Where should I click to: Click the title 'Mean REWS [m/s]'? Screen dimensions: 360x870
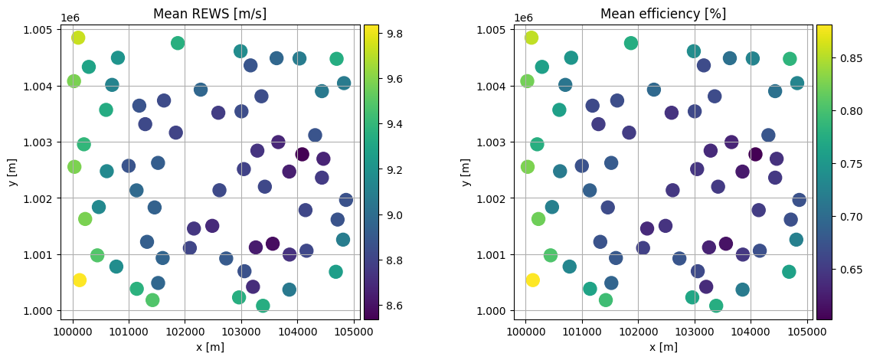click(210, 14)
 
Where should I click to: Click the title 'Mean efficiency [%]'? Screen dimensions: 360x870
click(662, 14)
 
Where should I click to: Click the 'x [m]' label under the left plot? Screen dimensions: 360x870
click(210, 347)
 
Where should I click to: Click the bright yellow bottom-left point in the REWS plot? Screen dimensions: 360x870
click(79, 280)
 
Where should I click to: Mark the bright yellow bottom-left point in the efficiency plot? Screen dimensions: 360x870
click(532, 280)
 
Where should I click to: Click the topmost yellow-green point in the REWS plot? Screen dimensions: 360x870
click(78, 38)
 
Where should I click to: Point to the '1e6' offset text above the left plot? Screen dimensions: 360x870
click(70, 17)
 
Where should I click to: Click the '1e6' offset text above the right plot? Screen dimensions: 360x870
click(523, 17)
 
